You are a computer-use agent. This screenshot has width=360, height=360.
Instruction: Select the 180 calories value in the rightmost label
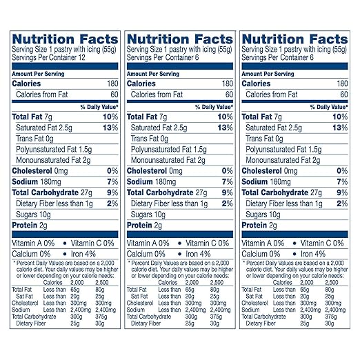(340, 83)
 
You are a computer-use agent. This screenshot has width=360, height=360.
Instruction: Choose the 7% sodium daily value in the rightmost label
(342, 181)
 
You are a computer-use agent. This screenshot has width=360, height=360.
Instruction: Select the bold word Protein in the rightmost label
(258, 225)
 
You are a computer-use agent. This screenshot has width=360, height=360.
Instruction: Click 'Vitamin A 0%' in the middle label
(148, 243)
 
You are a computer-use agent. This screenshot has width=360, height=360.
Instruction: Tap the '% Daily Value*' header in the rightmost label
(328, 106)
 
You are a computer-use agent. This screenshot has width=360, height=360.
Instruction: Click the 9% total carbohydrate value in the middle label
(227, 192)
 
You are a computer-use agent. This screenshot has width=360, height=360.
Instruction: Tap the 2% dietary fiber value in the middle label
(227, 203)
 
